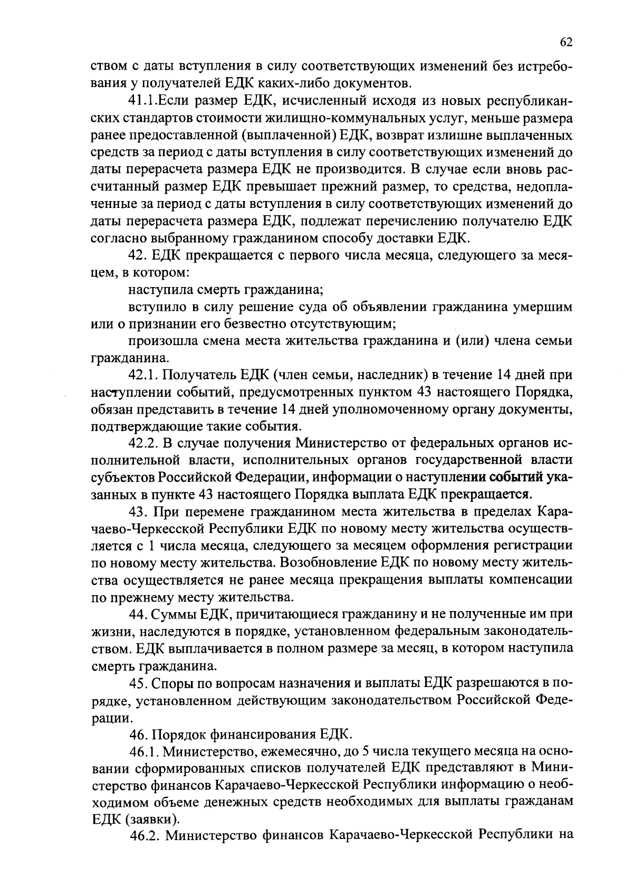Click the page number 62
point(565,43)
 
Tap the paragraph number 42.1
point(145,375)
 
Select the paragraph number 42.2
point(145,443)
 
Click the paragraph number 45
point(139,683)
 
